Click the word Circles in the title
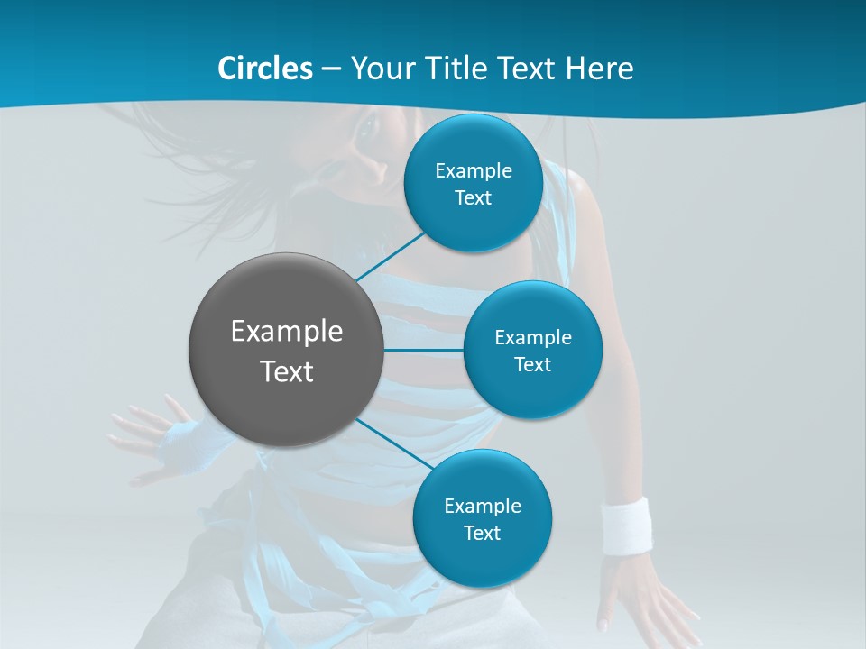click(x=264, y=69)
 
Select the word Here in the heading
click(x=599, y=69)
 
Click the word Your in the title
click(x=377, y=69)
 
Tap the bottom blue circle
click(x=483, y=559)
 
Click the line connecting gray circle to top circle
click(x=391, y=257)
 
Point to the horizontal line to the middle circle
click(x=424, y=350)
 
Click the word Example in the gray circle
click(x=287, y=332)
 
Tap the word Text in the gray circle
click(x=287, y=371)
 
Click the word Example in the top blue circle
click(x=474, y=171)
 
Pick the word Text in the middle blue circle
click(x=532, y=365)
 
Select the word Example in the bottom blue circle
click(x=483, y=507)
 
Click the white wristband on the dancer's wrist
click(x=626, y=525)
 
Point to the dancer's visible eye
click(x=367, y=132)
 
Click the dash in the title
click(x=331, y=69)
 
